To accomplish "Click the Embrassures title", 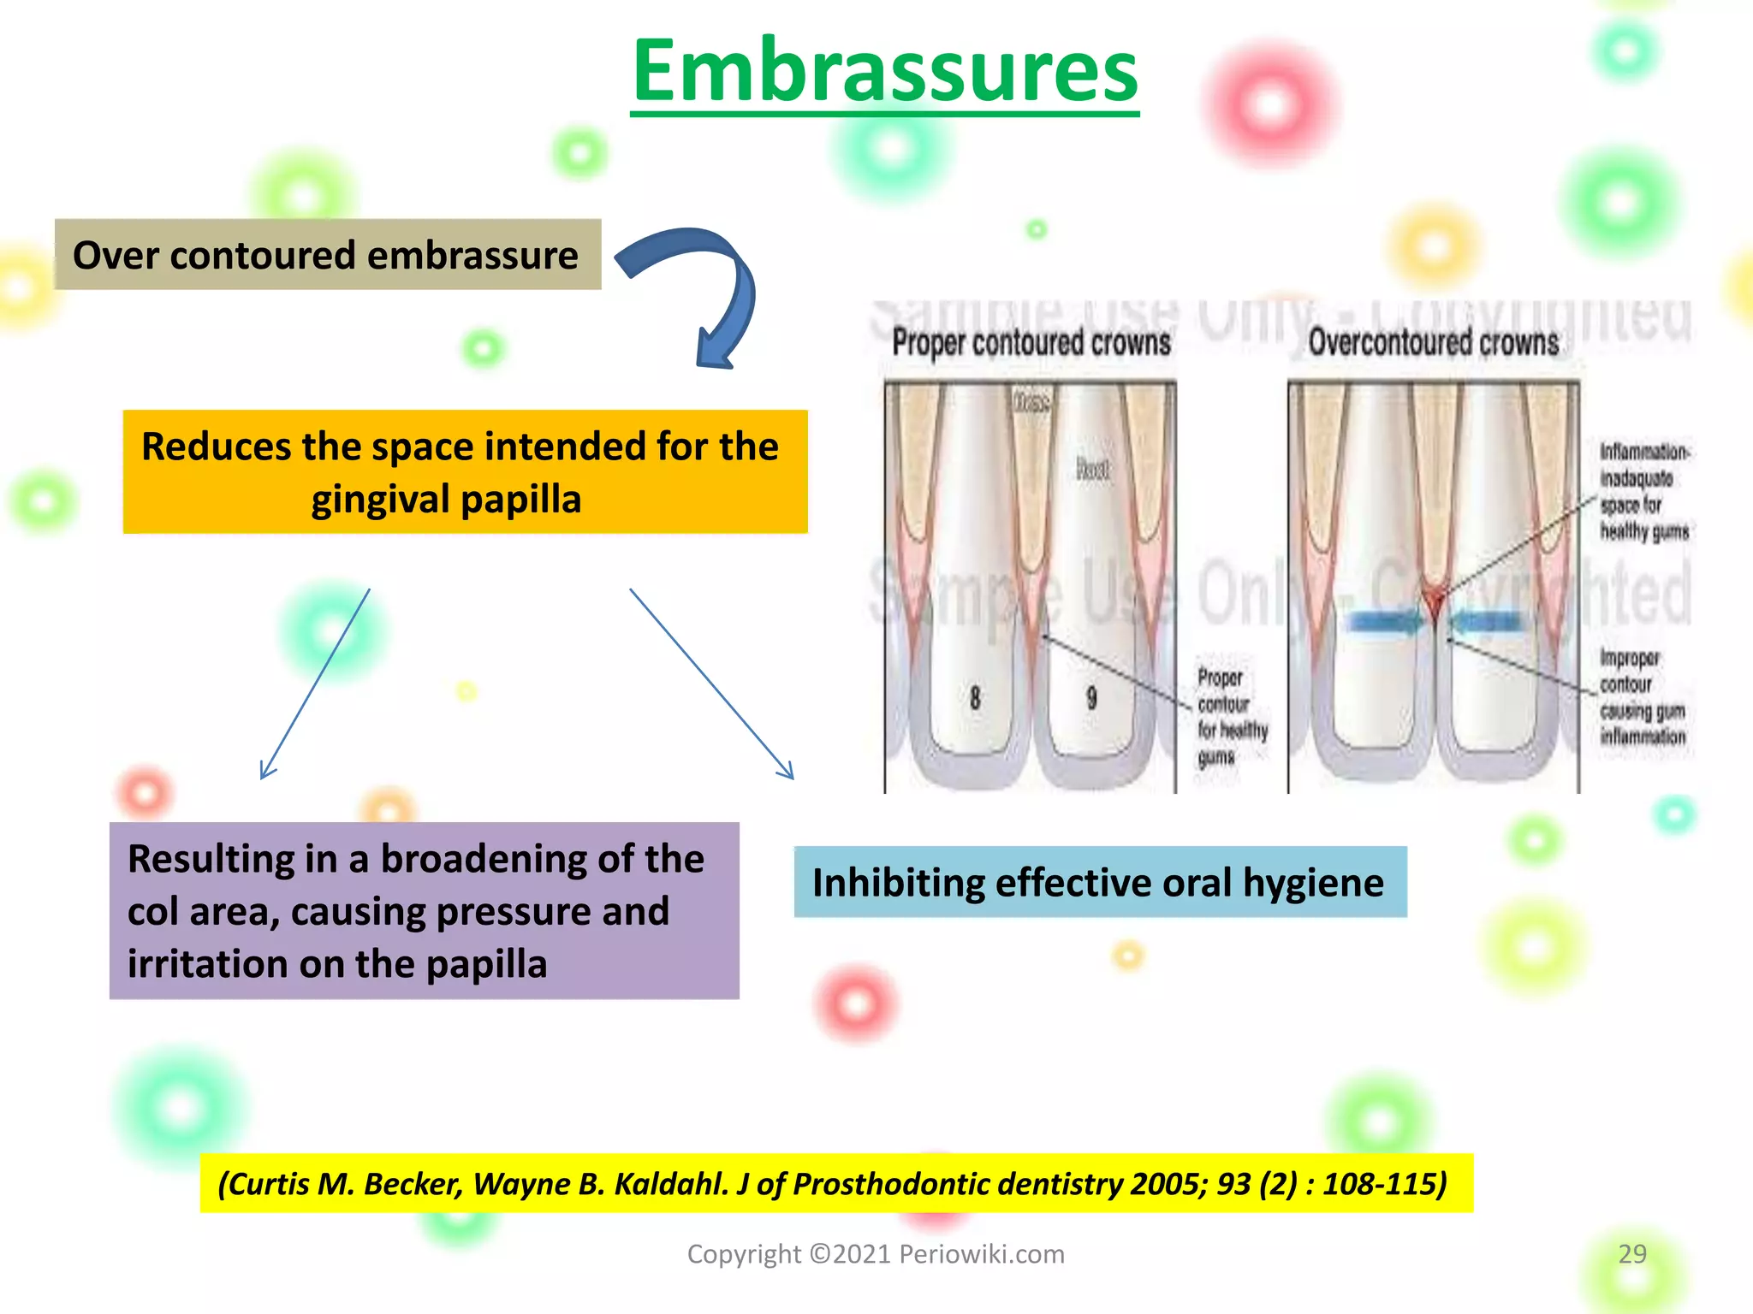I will pos(884,72).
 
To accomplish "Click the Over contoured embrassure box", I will pos(327,255).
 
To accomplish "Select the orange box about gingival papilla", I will pos(465,471).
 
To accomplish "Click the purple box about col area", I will pos(424,910).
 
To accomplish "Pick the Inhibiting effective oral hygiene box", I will pos(1099,882).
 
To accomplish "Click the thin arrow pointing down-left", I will pos(314,684).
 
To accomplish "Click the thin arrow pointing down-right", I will pos(711,684).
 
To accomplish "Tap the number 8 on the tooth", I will pos(975,698).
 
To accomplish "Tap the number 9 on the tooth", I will pos(1091,698).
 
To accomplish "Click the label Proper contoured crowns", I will pos(1031,343).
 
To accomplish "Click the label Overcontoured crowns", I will pos(1433,343).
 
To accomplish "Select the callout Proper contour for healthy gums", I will pos(1231,717).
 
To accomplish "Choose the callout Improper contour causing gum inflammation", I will pos(1641,696).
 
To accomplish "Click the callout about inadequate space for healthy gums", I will pos(1643,491).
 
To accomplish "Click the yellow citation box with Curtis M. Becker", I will pos(835,1183).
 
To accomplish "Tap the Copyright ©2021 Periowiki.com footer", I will pos(876,1254).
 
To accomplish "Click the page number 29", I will pos(1631,1254).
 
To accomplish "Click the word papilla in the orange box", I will pos(531,500).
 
